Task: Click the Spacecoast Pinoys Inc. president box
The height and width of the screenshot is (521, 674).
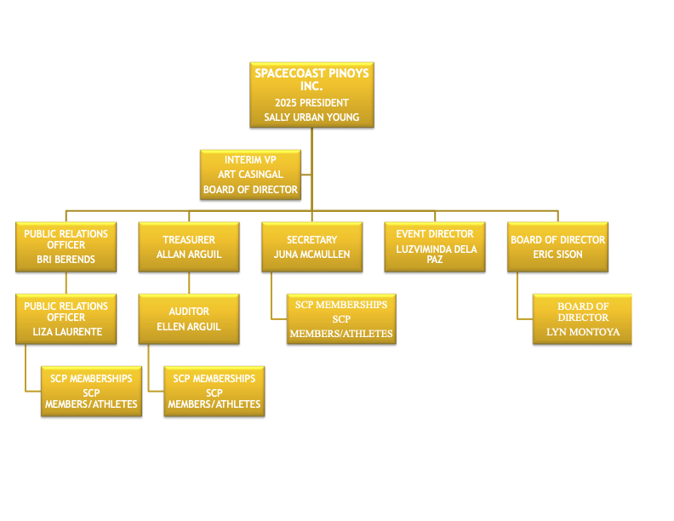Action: point(311,94)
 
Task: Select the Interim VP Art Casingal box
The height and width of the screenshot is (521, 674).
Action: point(250,175)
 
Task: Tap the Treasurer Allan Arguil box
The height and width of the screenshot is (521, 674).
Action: point(189,247)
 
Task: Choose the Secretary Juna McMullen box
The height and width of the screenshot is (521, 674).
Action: point(311,247)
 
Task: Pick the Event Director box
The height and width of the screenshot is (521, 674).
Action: point(435,247)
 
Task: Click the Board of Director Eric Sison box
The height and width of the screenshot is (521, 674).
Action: point(557,247)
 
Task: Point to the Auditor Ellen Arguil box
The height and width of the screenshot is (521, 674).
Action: point(189,319)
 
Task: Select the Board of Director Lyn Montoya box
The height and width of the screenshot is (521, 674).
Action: point(583,319)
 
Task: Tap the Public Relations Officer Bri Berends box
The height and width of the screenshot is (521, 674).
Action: point(66,247)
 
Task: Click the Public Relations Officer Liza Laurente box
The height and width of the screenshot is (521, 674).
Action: point(66,319)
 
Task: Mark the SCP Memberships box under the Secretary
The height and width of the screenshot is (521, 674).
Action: point(341,319)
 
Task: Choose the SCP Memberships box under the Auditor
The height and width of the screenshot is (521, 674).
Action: point(214,392)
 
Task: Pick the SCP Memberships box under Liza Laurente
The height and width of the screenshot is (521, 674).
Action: point(91,392)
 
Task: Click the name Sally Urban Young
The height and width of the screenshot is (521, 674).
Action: point(311,117)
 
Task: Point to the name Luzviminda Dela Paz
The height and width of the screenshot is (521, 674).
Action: point(435,254)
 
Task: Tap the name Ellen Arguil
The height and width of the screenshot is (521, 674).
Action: point(189,327)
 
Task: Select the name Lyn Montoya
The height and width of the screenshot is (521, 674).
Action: point(583,332)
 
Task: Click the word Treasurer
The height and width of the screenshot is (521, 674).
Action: point(189,240)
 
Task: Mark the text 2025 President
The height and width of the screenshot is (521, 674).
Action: point(311,103)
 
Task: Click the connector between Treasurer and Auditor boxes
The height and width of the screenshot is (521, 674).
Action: point(189,283)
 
